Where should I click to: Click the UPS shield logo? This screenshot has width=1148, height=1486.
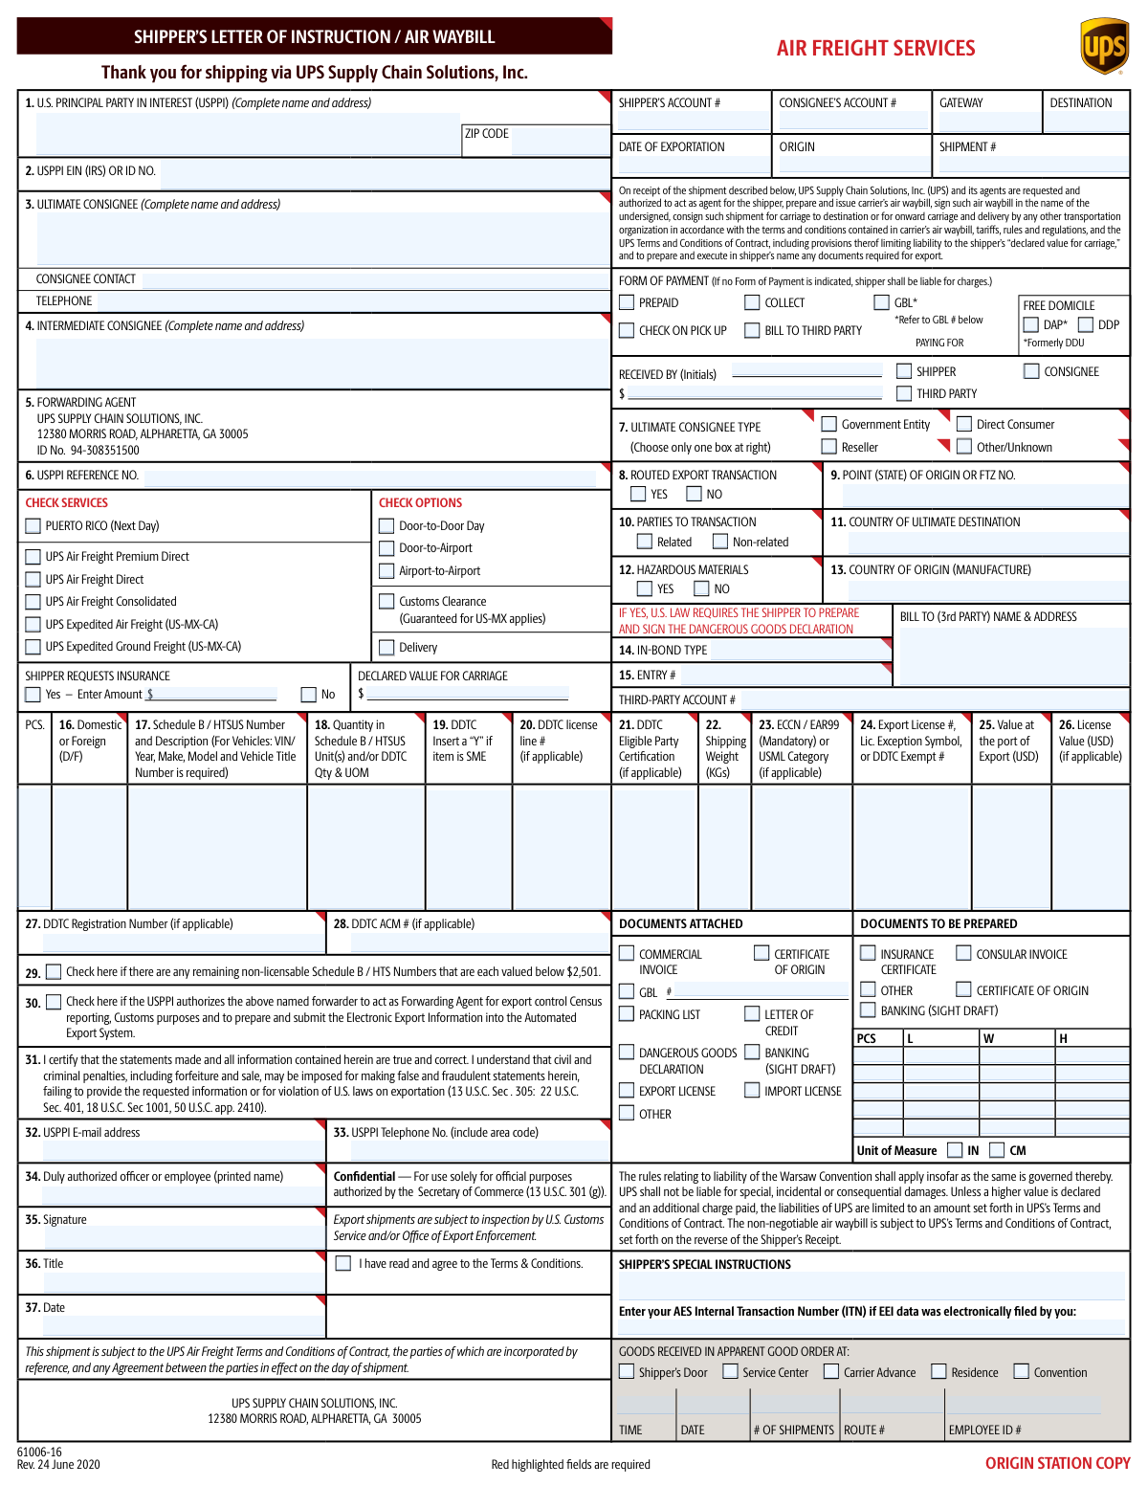pyautogui.click(x=1103, y=45)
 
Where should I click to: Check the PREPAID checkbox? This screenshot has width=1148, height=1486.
pyautogui.click(x=627, y=302)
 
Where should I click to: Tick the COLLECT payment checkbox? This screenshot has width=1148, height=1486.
pyautogui.click(x=752, y=302)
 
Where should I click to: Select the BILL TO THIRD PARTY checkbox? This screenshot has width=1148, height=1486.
pyautogui.click(x=752, y=330)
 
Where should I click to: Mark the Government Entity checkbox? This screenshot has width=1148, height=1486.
pyautogui.click(x=829, y=424)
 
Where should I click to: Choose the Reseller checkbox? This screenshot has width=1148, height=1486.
pyautogui.click(x=829, y=447)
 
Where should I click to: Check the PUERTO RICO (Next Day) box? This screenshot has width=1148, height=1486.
pyautogui.click(x=33, y=525)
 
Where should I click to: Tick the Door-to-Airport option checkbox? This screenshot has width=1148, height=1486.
pyautogui.click(x=386, y=548)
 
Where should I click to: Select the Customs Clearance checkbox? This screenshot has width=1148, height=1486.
pyautogui.click(x=386, y=601)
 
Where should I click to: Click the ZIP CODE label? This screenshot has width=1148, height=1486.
pyautogui.click(x=486, y=134)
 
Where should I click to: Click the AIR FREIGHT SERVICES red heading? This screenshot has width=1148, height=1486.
pyautogui.click(x=875, y=48)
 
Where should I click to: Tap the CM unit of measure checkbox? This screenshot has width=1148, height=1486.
pyautogui.click(x=997, y=1150)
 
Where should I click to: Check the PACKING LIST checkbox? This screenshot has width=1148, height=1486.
pyautogui.click(x=627, y=1014)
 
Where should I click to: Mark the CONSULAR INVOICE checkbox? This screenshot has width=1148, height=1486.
pyautogui.click(x=964, y=953)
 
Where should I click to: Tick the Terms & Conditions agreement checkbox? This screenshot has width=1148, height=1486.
pyautogui.click(x=343, y=1263)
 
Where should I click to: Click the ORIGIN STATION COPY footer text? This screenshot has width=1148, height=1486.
pyautogui.click(x=1057, y=1463)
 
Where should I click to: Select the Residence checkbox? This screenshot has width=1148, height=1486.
pyautogui.click(x=938, y=1372)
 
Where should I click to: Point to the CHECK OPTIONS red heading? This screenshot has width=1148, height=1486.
pyautogui.click(x=420, y=502)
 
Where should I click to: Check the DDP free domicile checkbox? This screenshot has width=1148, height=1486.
pyautogui.click(x=1086, y=324)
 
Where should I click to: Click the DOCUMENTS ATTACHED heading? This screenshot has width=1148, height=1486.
pyautogui.click(x=680, y=923)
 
